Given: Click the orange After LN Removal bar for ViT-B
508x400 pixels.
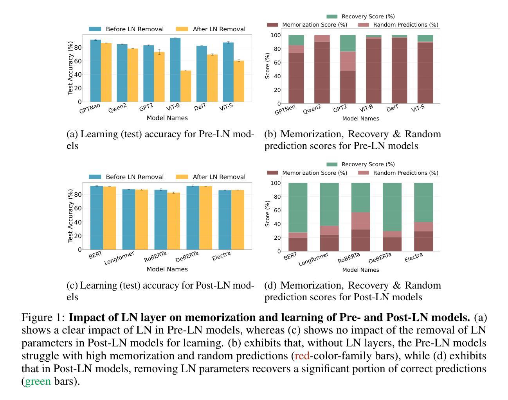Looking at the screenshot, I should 186,86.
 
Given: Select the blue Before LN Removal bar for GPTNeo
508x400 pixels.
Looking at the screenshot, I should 95,71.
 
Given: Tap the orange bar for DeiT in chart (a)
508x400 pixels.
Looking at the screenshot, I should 212,78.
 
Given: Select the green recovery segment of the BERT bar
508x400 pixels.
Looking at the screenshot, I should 298,208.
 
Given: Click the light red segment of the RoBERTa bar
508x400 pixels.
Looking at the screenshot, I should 360,221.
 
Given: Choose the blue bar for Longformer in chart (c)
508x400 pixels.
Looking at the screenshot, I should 128,219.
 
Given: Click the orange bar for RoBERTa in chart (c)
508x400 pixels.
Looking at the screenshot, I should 173,221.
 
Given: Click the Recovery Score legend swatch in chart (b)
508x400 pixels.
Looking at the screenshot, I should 332,16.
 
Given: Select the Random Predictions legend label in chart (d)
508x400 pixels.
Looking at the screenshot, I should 405,173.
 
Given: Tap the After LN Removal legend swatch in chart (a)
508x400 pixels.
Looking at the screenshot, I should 182,29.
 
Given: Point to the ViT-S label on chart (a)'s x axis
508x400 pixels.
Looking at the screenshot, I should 226,107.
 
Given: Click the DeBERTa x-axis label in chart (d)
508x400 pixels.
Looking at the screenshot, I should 380,257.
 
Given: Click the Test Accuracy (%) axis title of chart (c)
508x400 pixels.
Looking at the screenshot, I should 70,215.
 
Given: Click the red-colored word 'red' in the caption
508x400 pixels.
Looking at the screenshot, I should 302,356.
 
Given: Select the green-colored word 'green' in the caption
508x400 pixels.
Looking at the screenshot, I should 38,381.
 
